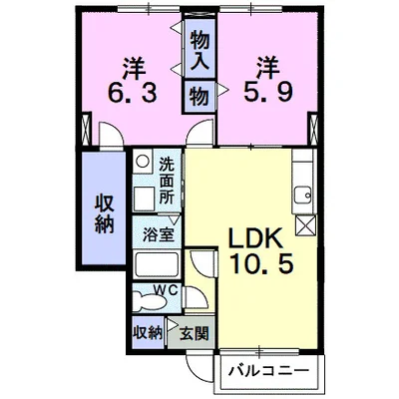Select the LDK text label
click(x=255, y=238)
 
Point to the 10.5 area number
click(x=263, y=263)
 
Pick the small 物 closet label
click(x=199, y=97)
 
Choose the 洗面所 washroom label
click(x=167, y=180)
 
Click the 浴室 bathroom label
click(x=158, y=234)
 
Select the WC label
click(x=166, y=289)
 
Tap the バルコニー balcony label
click(x=268, y=370)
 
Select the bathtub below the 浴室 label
click(x=157, y=265)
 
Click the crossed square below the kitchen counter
click(x=305, y=225)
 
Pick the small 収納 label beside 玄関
click(x=148, y=332)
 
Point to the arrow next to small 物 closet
click(x=222, y=90)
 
